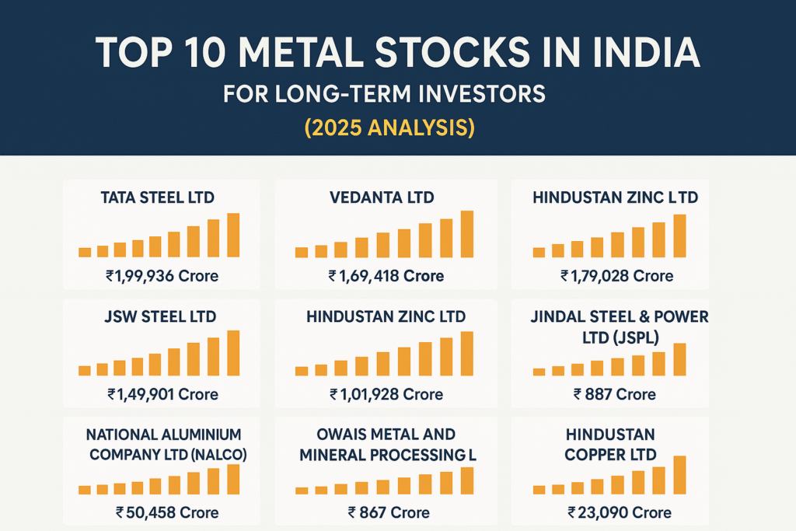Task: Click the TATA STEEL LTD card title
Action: click(x=157, y=197)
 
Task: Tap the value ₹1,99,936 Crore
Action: click(x=162, y=276)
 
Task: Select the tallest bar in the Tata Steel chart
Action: click(x=233, y=235)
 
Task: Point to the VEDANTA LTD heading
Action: click(x=382, y=197)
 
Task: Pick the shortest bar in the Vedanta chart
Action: click(x=302, y=253)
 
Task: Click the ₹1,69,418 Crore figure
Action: click(x=386, y=276)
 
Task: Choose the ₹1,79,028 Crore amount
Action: click(x=616, y=276)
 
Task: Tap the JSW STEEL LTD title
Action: click(x=160, y=316)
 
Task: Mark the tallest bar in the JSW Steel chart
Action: click(x=233, y=353)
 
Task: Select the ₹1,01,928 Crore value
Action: click(x=386, y=394)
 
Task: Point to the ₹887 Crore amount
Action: click(x=614, y=394)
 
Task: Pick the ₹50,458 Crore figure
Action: click(x=167, y=512)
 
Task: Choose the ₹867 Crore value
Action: click(x=389, y=512)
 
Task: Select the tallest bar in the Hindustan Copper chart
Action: click(x=679, y=475)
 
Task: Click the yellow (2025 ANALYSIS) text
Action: click(x=390, y=128)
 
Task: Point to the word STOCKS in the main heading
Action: click(x=452, y=53)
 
